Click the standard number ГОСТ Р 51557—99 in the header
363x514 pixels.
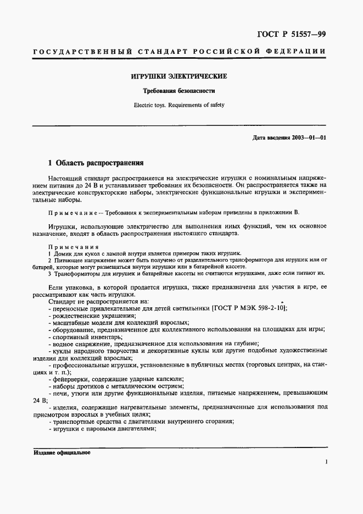[x=292, y=34]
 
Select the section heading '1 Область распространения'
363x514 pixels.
[x=96, y=163]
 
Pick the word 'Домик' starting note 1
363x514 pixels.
[x=64, y=253]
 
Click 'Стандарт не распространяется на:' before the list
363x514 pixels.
[x=99, y=301]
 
